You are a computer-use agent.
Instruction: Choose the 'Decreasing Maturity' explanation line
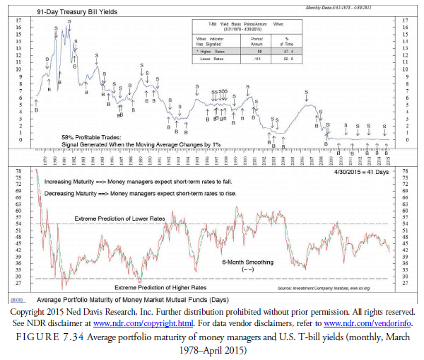pos(139,193)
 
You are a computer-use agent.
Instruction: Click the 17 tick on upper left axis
pos(28,21)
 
